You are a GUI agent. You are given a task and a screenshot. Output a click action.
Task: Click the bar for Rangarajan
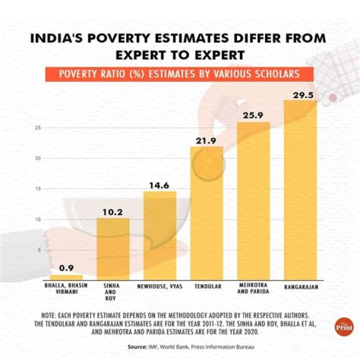(300, 190)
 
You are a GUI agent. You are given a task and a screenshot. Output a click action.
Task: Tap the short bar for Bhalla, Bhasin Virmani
(66, 277)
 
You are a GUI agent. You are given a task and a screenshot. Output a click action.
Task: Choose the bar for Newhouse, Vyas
(160, 235)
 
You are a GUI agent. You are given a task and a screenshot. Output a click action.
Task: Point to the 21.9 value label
(206, 140)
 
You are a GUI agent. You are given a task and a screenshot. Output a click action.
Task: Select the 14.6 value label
(160, 185)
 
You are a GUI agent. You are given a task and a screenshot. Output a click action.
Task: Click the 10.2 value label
(113, 211)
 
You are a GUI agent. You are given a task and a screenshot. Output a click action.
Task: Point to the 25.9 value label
(253, 116)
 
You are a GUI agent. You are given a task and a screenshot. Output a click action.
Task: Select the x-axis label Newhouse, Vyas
(160, 286)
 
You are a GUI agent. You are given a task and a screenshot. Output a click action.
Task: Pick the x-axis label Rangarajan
(300, 287)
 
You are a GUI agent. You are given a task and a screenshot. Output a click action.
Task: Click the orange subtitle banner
(179, 74)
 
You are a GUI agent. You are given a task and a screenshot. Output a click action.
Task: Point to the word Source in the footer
(136, 346)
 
